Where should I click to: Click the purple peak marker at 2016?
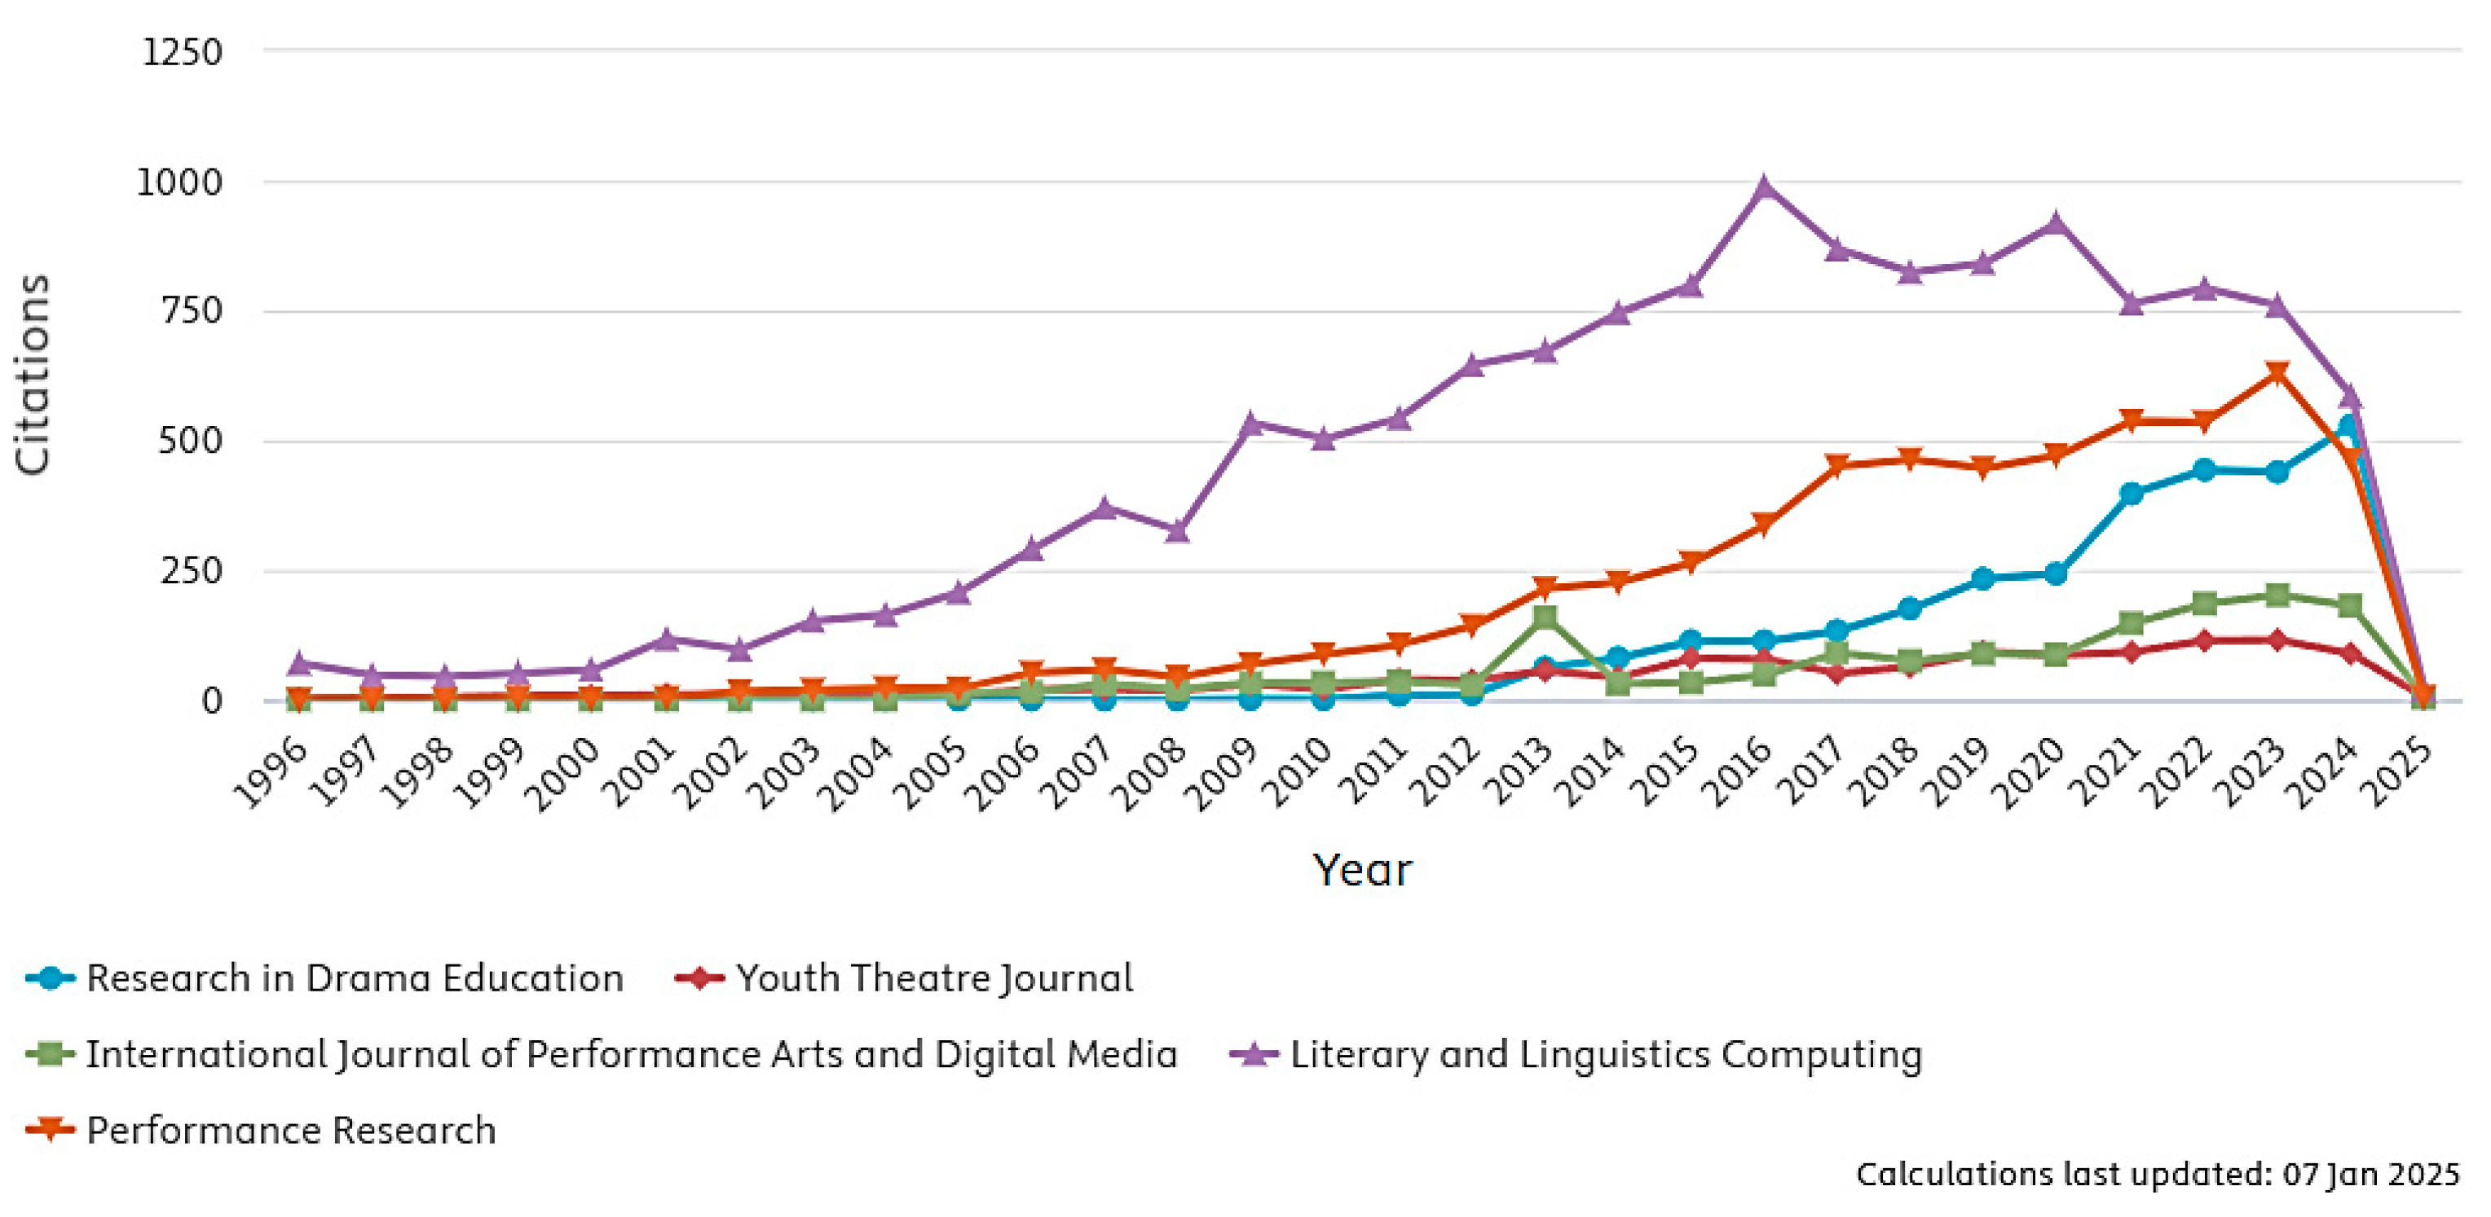tap(1764, 187)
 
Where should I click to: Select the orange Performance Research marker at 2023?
tap(2277, 373)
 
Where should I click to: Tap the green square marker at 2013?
tap(1545, 617)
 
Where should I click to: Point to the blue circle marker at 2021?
tap(2130, 493)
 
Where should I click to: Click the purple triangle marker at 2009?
tap(1250, 423)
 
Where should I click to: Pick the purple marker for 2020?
tap(2057, 223)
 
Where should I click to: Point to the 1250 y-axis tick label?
tap(182, 51)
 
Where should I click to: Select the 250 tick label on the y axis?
tap(192, 571)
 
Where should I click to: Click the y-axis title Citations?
tap(32, 375)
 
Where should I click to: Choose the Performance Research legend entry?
tap(261, 1130)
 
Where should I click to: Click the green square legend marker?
tap(51, 1053)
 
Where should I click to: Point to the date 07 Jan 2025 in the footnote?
tap(2371, 1175)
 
